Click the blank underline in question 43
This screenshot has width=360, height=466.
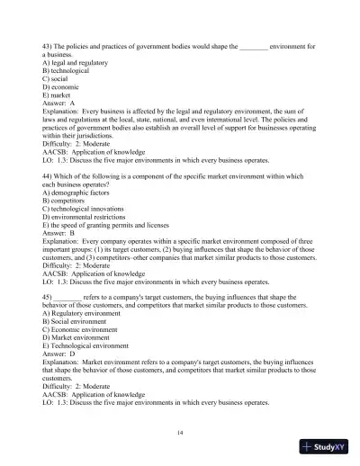pos(255,45)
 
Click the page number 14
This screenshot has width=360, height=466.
pos(181,433)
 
